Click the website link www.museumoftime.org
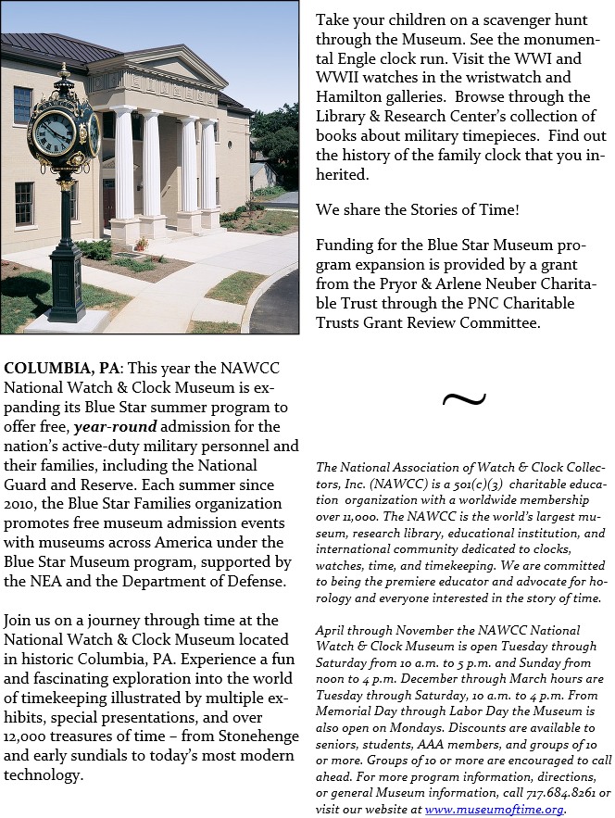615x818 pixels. coord(494,809)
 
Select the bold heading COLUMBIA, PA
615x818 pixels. coord(60,368)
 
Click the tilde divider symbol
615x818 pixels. coord(463,399)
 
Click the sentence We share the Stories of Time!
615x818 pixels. coord(418,210)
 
